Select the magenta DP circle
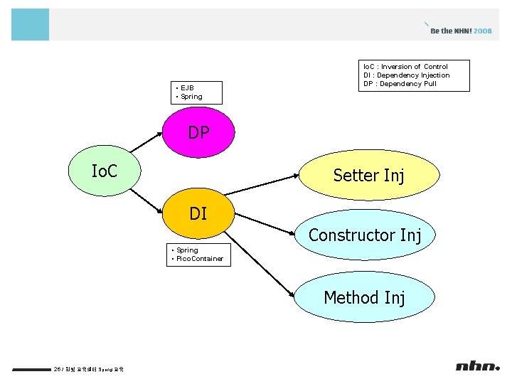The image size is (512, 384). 198,132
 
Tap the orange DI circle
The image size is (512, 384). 198,213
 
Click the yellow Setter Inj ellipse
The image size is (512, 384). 368,175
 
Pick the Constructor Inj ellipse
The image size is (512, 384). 365,235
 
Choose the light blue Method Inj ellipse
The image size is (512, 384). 365,297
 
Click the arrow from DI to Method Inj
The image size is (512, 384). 263,263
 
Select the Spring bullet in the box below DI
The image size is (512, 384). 187,250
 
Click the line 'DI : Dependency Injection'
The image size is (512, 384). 406,75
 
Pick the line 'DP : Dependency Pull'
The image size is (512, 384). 400,84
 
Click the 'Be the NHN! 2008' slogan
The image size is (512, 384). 461,31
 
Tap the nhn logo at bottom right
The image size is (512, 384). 478,366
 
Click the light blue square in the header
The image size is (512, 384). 30,24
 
